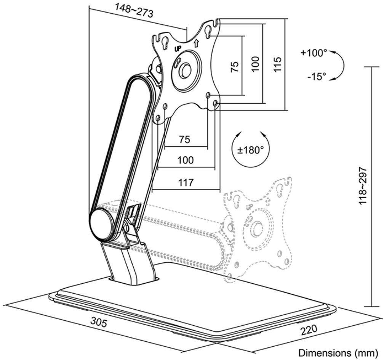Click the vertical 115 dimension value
[x=277, y=65]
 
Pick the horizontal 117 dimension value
[x=186, y=182]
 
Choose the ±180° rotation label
[x=250, y=149]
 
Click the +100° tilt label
[x=314, y=53]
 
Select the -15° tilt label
[x=317, y=77]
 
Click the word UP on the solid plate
[x=178, y=48]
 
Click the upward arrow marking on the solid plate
[x=196, y=43]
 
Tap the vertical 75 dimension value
[x=235, y=66]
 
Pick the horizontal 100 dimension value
[x=186, y=160]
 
